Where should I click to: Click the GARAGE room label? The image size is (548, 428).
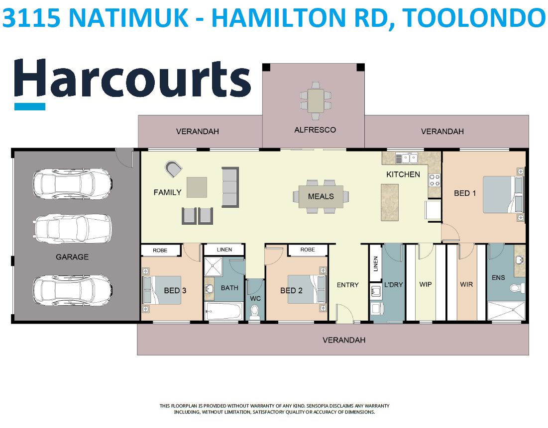pyautogui.click(x=72, y=257)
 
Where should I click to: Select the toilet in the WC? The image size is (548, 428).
pyautogui.click(x=255, y=312)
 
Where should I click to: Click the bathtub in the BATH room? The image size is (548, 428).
pyautogui.click(x=223, y=311)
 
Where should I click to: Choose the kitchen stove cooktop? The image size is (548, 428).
pyautogui.click(x=435, y=180)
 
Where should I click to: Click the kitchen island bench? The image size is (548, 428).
pyautogui.click(x=389, y=202)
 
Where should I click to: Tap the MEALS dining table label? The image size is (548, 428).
pyautogui.click(x=321, y=196)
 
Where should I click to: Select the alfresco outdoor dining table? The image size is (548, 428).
pyautogui.click(x=316, y=100)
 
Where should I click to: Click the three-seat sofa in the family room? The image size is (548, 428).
pyautogui.click(x=230, y=187)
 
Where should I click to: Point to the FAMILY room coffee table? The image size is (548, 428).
pyautogui.click(x=197, y=187)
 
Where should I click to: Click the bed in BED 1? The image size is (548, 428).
pyautogui.click(x=503, y=194)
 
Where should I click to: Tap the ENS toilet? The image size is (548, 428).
pyautogui.click(x=517, y=288)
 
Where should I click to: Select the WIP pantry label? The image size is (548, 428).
pyautogui.click(x=426, y=284)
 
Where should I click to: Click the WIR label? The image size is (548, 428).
pyautogui.click(x=466, y=284)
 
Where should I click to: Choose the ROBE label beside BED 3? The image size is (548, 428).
pyautogui.click(x=160, y=251)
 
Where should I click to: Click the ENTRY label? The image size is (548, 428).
pyautogui.click(x=347, y=285)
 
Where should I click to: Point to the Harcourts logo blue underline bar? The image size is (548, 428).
pyautogui.click(x=30, y=106)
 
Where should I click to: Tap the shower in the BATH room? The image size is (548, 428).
pyautogui.click(x=213, y=267)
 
